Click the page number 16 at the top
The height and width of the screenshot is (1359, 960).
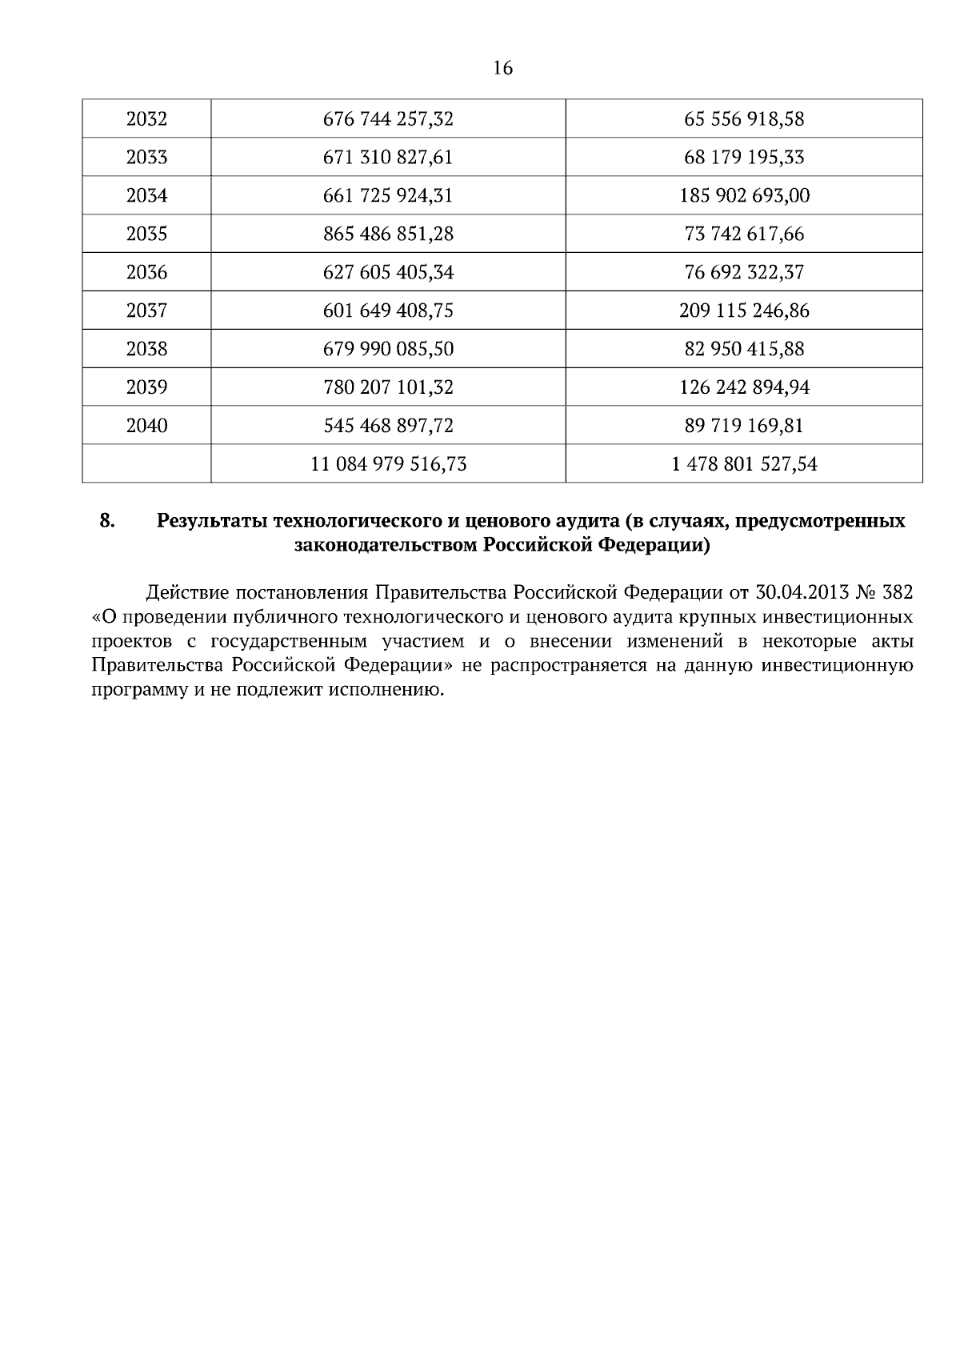point(502,69)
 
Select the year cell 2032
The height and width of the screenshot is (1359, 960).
point(147,119)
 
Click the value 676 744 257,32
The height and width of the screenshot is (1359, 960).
point(388,119)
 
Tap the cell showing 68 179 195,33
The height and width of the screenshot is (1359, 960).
point(744,158)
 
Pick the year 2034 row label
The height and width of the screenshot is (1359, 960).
point(147,196)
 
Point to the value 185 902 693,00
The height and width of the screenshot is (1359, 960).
point(744,196)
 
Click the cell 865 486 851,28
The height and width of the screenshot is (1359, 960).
point(388,235)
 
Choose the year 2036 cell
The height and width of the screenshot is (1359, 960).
point(147,273)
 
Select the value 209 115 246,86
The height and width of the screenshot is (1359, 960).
point(744,311)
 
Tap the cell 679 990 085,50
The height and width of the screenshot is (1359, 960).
point(388,349)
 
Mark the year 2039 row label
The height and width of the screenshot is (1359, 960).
point(147,387)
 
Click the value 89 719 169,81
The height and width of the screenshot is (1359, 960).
point(744,426)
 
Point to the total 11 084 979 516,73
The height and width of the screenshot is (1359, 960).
point(388,464)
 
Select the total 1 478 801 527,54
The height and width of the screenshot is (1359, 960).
point(744,464)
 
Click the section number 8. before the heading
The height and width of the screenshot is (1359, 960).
point(107,521)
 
